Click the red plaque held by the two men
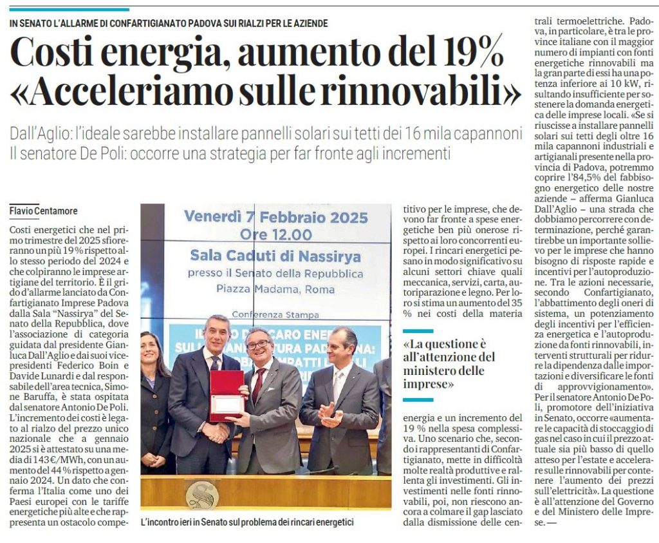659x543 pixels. point(227,395)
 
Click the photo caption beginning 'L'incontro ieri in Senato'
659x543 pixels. point(247,522)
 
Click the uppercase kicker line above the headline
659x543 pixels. point(169,23)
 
